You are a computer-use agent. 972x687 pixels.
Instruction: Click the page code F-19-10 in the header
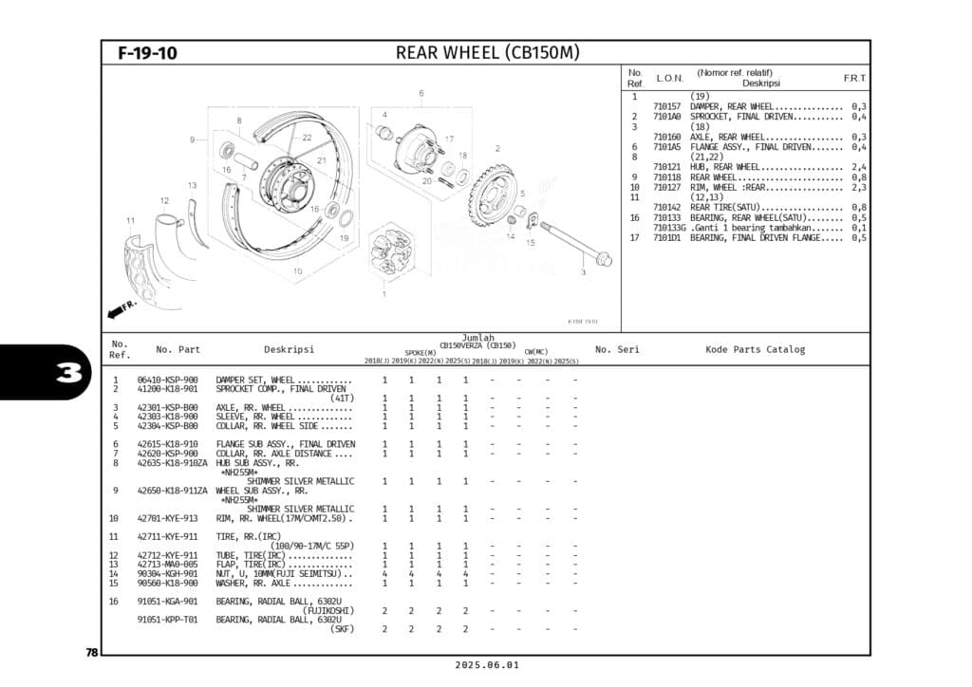(147, 53)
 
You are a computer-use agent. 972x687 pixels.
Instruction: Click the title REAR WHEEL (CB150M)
(487, 52)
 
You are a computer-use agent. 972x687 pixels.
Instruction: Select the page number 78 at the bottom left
(92, 652)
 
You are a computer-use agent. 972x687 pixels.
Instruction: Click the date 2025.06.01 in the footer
(485, 665)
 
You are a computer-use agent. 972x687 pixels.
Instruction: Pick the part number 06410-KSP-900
(167, 380)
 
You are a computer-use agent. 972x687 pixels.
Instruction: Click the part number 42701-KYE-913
(167, 519)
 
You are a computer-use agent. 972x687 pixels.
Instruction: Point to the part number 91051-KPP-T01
(167, 620)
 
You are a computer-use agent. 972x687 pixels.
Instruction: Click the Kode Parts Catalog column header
(755, 349)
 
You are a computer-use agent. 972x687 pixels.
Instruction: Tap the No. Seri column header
(617, 349)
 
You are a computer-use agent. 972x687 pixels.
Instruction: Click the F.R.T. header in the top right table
(854, 78)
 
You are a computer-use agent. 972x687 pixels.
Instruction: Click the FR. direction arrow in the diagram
(122, 309)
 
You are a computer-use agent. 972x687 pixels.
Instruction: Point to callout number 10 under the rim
(297, 271)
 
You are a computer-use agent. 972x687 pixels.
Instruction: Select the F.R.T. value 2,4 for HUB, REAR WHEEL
(858, 167)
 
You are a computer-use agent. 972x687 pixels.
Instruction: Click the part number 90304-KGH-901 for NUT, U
(167, 573)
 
